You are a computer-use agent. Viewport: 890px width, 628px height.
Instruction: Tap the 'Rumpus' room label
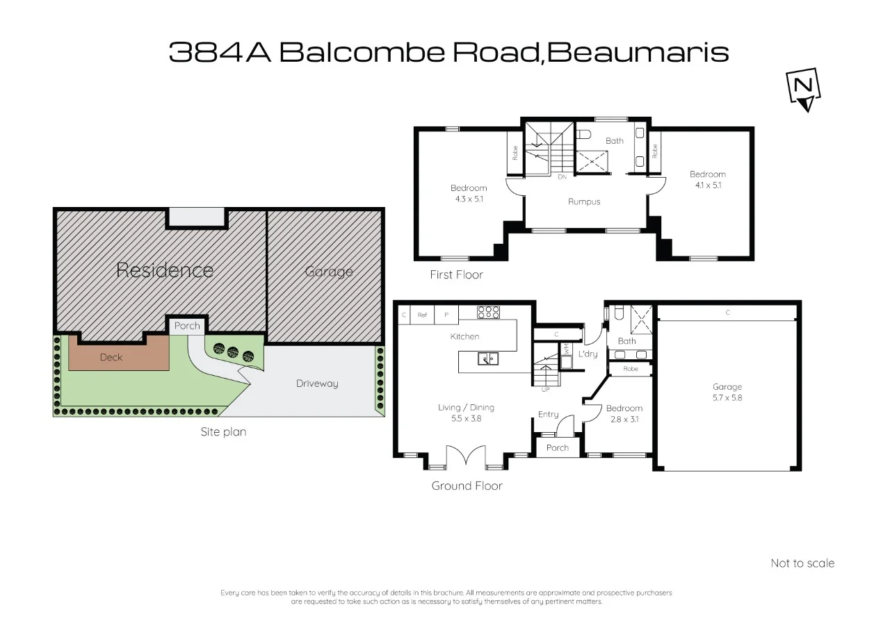583,201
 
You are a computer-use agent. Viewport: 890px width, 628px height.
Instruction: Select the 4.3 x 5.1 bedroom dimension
468,199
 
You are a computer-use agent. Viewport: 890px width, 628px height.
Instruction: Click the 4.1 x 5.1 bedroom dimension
707,185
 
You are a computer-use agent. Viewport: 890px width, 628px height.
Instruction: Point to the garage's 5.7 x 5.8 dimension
727,398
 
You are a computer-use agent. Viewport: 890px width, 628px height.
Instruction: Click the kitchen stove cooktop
489,313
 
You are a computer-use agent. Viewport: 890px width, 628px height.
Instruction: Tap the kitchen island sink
487,358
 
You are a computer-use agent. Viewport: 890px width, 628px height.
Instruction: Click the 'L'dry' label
588,354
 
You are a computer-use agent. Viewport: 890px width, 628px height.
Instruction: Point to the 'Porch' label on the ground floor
557,448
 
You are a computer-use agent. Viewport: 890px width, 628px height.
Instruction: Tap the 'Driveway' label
316,383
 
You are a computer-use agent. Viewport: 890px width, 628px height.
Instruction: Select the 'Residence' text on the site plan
164,270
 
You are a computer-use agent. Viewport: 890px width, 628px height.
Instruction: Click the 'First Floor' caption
456,274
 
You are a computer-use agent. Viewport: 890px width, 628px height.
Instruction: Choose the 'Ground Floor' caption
467,486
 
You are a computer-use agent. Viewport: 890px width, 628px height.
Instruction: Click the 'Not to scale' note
802,563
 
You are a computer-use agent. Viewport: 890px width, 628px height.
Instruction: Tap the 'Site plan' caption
223,431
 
